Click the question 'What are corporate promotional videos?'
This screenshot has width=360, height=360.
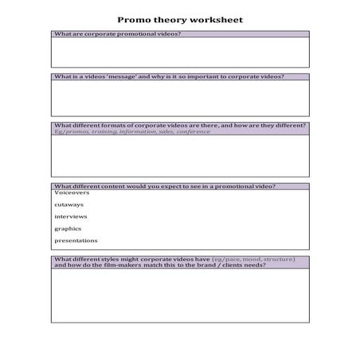tap(117, 35)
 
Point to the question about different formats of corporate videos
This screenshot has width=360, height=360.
tap(179, 125)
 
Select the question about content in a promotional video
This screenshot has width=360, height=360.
tap(165, 186)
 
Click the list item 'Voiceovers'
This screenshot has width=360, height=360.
tap(72, 192)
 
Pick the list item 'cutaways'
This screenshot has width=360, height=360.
tap(68, 204)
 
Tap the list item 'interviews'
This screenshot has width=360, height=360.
tap(71, 216)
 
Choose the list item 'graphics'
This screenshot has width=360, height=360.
tap(68, 228)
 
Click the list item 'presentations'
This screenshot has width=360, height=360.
tap(76, 240)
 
